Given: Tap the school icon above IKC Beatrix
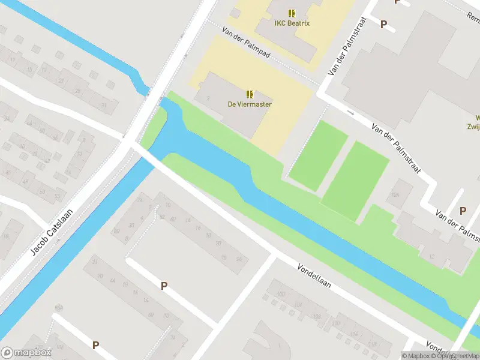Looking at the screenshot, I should [292, 13].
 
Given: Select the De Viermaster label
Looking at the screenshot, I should [249, 104].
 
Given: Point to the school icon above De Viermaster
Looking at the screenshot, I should [250, 94].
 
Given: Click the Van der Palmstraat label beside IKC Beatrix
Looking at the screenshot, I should [347, 54].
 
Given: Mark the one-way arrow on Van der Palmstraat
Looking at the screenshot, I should [350, 112].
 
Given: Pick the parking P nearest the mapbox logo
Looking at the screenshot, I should [95, 345].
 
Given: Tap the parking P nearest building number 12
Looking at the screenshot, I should [463, 211].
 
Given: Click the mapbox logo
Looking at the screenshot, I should [26, 353].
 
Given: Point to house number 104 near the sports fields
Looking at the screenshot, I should [395, 195].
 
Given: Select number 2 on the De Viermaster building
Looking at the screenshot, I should [208, 98].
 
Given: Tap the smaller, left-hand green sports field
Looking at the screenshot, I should [318, 155].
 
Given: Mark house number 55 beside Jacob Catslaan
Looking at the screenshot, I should [58, 196].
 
